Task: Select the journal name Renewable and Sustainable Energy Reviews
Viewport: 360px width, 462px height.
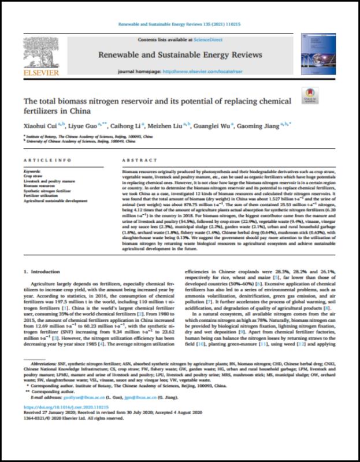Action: pos(181,55)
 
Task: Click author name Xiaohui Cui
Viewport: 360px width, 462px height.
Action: pos(55,122)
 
